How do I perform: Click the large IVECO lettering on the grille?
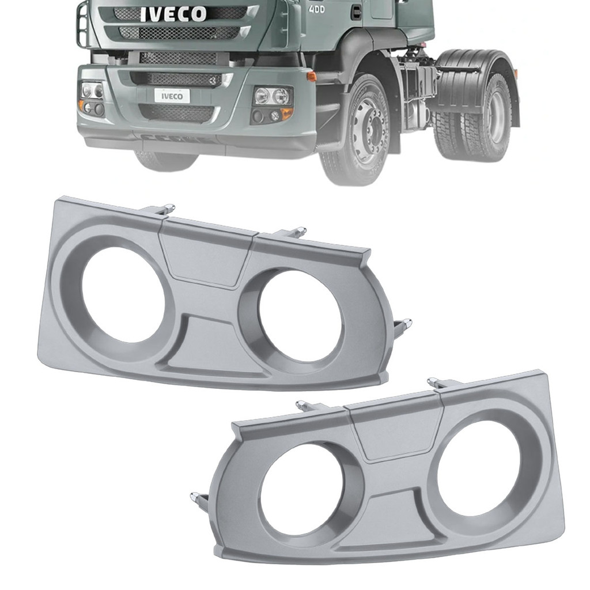tap(173, 14)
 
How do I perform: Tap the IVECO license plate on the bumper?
tap(172, 96)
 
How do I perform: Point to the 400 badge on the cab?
tap(316, 10)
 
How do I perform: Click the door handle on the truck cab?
tap(356, 13)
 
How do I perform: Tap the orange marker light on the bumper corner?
tap(312, 77)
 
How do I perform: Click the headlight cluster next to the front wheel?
tap(273, 104)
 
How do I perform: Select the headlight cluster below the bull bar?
tap(92, 98)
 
